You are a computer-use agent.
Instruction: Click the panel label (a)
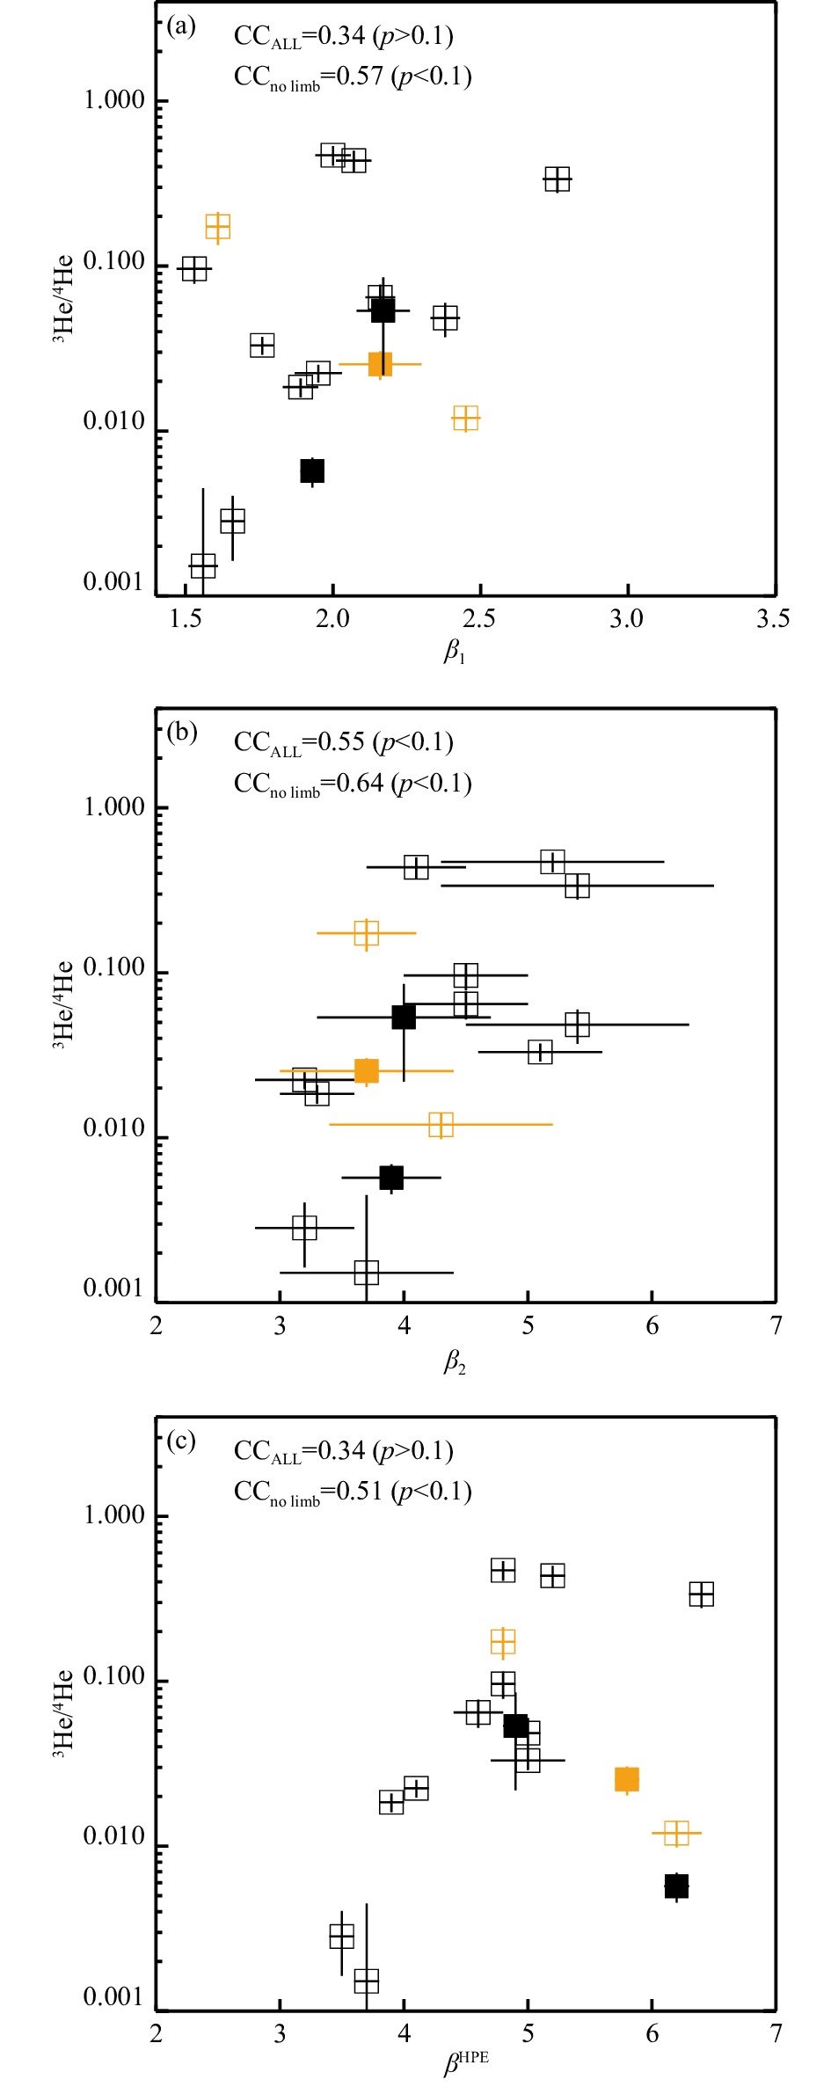(181, 26)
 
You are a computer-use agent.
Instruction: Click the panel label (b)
(181, 733)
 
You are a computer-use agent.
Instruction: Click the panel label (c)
(181, 1441)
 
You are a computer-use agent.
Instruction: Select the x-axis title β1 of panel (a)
(454, 652)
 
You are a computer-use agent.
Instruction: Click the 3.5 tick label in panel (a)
(773, 619)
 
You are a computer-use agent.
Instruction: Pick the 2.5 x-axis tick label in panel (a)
(479, 619)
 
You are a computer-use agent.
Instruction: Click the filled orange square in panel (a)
(380, 363)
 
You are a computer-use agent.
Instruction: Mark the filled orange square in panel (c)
(626, 1779)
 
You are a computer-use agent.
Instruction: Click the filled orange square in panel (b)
(366, 1070)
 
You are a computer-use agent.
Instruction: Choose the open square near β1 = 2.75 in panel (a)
(557, 179)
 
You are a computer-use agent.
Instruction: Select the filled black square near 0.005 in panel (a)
(312, 471)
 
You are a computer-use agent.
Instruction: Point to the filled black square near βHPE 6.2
(676, 1886)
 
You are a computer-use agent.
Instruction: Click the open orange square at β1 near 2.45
(465, 419)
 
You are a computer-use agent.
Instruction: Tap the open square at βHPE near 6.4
(701, 1594)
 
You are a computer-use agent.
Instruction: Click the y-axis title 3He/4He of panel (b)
(64, 1005)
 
